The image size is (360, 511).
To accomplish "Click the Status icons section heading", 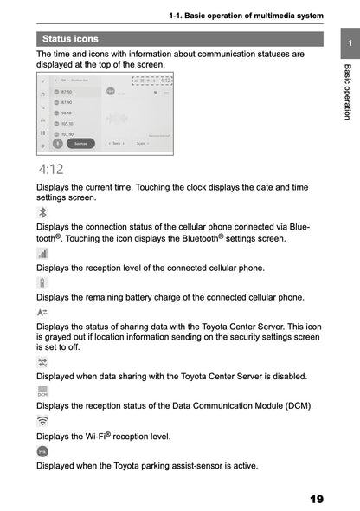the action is [70, 38].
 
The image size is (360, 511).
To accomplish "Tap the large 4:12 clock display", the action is [49, 169].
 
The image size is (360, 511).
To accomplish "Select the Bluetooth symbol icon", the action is [43, 213].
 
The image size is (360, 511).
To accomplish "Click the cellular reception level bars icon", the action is [43, 254].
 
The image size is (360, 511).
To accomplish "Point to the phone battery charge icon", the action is [43, 282].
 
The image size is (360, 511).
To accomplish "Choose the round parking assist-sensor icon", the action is [43, 451].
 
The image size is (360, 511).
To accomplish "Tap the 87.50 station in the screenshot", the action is [65, 91].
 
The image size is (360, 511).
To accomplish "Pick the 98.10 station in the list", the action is [65, 113].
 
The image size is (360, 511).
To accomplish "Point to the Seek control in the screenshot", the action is [115, 143].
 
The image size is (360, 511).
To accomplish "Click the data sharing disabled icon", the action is [43, 361].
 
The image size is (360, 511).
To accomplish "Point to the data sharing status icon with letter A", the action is [43, 311].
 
